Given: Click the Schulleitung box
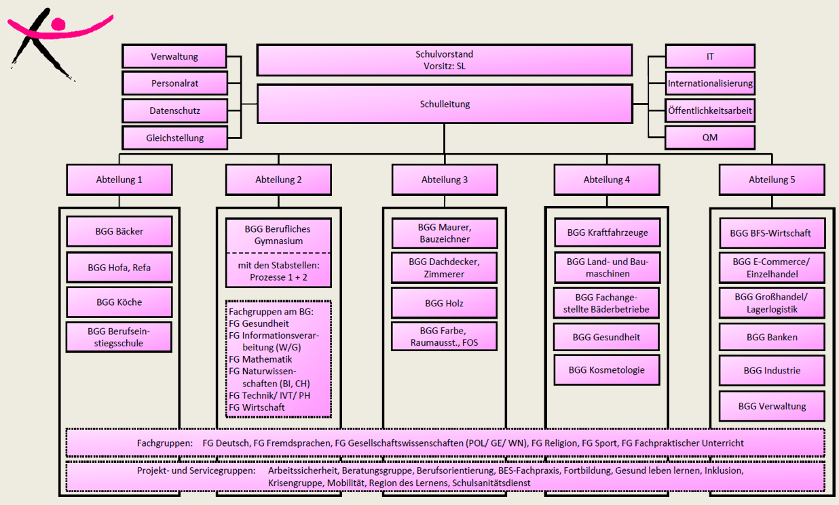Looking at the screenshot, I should [x=445, y=104].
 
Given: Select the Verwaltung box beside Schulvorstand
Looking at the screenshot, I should [x=174, y=57].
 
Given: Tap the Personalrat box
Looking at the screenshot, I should [x=174, y=83].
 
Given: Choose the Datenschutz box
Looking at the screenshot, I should [x=174, y=110].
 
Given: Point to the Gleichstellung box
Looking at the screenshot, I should [x=174, y=138].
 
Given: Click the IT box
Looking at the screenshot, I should [x=709, y=57].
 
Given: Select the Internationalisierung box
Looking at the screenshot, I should [x=709, y=84].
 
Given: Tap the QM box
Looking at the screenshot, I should [x=709, y=138].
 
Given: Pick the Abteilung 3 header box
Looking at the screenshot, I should [x=445, y=180].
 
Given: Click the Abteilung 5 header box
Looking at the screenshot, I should [x=772, y=180].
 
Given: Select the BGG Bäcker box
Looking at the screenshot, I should [x=119, y=232].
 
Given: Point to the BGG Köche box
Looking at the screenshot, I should [x=119, y=302].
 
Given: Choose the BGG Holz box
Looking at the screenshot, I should [x=444, y=303].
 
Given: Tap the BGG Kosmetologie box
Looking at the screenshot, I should [x=607, y=370].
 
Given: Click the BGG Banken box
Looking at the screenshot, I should [x=772, y=337].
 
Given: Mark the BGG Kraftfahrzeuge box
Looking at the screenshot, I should [x=607, y=233].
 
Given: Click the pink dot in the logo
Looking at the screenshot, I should [x=58, y=25].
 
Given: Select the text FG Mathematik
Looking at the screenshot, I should [x=261, y=359].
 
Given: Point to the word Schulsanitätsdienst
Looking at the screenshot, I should [x=491, y=483].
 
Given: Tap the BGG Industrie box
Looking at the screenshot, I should [x=772, y=371].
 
